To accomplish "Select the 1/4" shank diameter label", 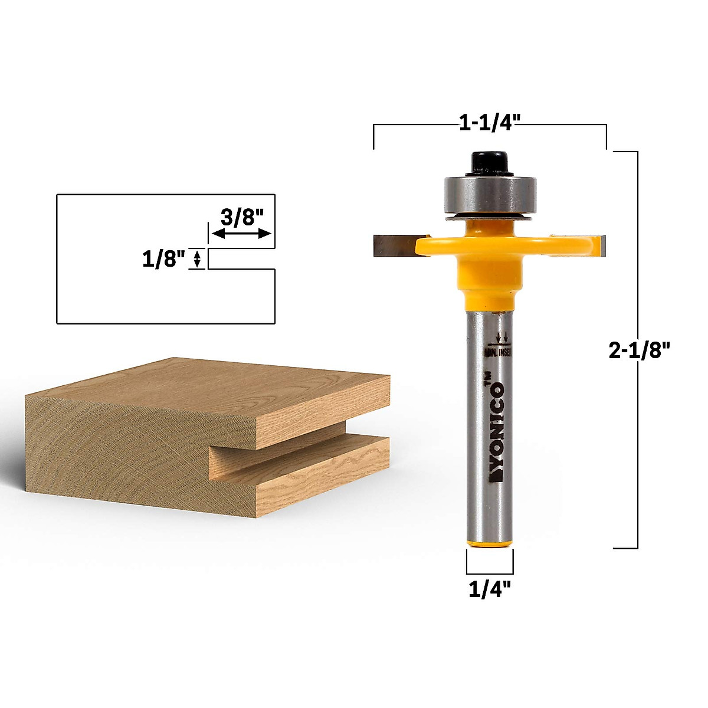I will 490,589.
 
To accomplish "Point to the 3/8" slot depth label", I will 241,217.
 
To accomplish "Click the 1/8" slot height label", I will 163,258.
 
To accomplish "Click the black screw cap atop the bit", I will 489,163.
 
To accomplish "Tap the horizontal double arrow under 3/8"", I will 241,234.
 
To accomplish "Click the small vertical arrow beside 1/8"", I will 197,258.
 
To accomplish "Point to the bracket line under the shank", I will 490,572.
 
